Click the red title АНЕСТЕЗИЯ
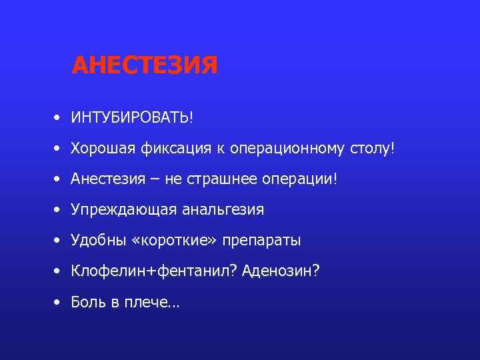pyautogui.click(x=145, y=65)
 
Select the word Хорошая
pyautogui.click(x=103, y=148)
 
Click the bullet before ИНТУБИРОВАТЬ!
pyautogui.click(x=59, y=118)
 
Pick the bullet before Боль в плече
pyautogui.click(x=59, y=303)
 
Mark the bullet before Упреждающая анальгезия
pyautogui.click(x=59, y=211)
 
